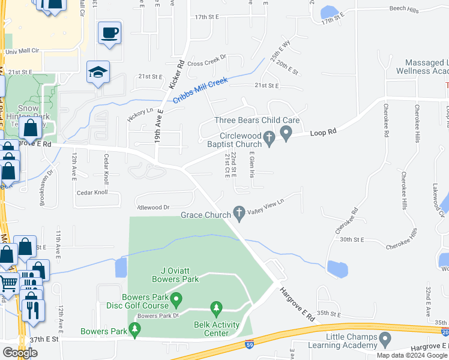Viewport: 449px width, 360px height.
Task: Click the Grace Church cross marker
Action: click(x=239, y=212)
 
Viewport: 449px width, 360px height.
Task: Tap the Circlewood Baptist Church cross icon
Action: click(x=270, y=139)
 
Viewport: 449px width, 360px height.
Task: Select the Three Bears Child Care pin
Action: click(x=286, y=133)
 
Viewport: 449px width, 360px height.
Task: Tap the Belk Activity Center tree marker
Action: click(x=216, y=310)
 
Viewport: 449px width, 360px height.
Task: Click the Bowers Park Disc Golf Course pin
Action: click(x=176, y=298)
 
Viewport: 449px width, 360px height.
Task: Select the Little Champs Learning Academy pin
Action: click(x=384, y=340)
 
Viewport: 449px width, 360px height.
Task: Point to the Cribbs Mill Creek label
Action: click(x=200, y=91)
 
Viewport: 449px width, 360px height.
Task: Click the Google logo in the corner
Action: click(x=20, y=352)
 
